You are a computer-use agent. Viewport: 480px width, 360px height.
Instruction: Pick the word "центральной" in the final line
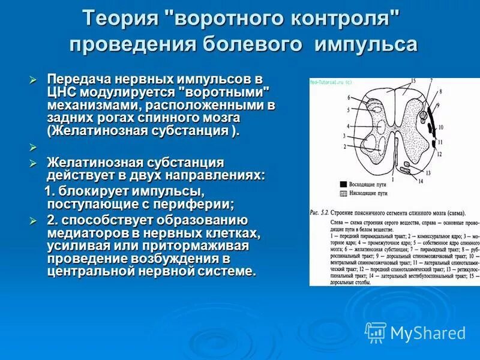point(89,271)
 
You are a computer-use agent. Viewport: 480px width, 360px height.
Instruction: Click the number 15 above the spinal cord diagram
point(412,80)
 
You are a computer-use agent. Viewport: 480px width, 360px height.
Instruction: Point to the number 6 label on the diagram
point(348,97)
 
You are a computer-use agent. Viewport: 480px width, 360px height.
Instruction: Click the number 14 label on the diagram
point(421,181)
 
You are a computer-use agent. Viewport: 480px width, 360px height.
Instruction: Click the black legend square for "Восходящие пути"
point(343,184)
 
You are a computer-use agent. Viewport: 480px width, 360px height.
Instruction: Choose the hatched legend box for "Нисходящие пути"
point(343,193)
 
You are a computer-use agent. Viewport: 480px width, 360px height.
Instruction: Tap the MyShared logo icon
point(376,332)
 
